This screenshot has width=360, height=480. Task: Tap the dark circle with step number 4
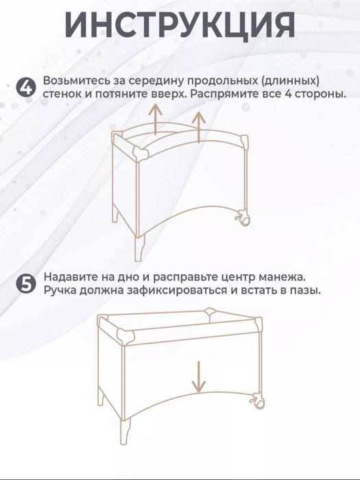pos(25,87)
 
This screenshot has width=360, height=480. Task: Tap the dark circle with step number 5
pos(25,285)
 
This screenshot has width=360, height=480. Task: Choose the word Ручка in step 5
pos(60,291)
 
